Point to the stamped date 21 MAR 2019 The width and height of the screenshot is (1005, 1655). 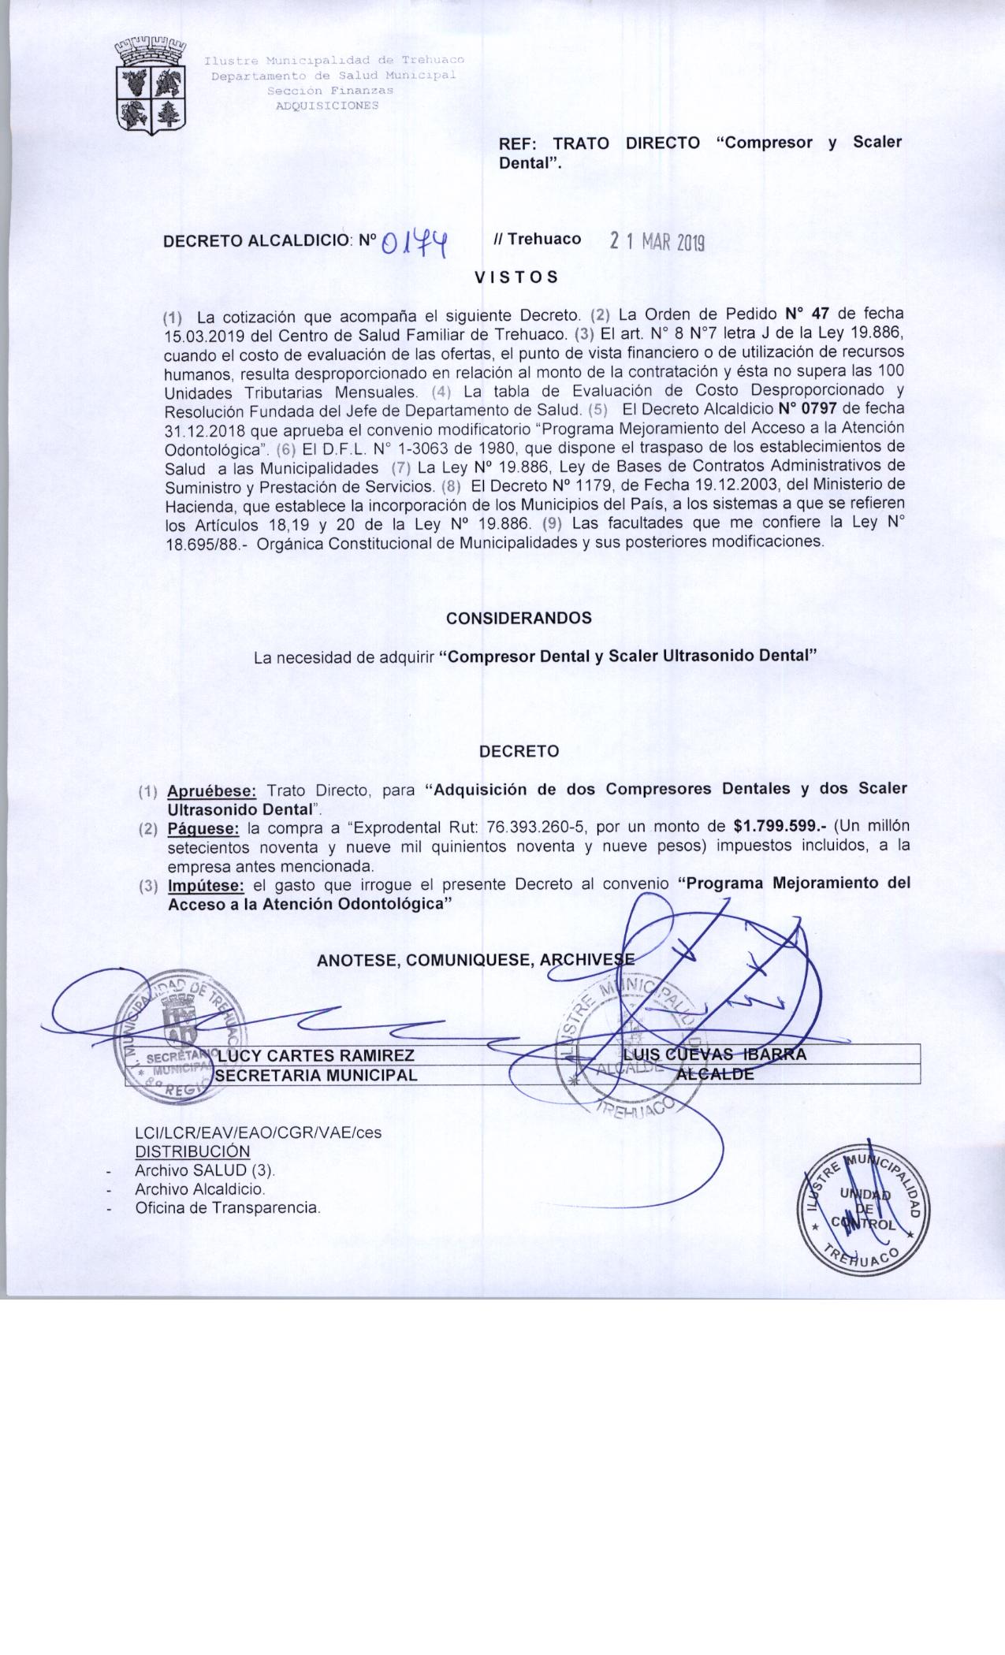coord(657,242)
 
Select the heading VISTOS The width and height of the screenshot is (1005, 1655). coord(516,277)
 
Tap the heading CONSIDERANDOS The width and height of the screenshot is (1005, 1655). coord(519,619)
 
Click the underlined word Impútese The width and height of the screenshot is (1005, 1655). coord(206,885)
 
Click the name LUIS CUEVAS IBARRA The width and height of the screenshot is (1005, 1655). coord(715,1054)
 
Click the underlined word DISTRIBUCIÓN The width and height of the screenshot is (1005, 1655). coord(192,1151)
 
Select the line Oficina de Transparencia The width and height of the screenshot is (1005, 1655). coord(228,1207)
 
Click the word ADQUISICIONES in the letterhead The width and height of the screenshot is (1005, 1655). coord(326,106)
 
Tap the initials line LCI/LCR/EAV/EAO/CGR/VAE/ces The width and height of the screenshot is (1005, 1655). coord(258,1132)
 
